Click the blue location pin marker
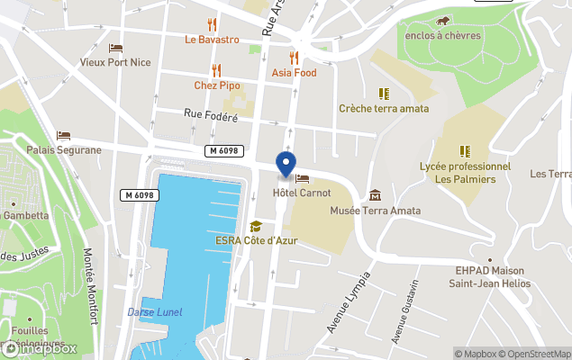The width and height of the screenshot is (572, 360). [x=286, y=164]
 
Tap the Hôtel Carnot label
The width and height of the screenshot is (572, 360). [x=302, y=193]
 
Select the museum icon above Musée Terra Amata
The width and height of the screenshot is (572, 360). [x=375, y=195]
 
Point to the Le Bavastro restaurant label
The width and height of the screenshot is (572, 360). [x=212, y=40]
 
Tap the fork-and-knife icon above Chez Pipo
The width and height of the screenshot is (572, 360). [x=216, y=70]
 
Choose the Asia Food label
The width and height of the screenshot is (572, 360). [x=294, y=73]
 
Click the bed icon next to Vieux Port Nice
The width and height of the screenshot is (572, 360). [x=115, y=48]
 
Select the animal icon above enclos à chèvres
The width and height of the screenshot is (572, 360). [x=442, y=21]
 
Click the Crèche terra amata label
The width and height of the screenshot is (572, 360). [x=384, y=108]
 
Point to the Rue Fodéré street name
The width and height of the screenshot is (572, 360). [x=210, y=115]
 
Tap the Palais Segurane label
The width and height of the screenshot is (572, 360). [x=63, y=149]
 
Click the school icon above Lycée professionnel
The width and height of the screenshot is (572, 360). [x=465, y=151]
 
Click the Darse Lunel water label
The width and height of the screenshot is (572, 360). [x=153, y=311]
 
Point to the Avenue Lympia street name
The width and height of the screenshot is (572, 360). [x=349, y=301]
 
